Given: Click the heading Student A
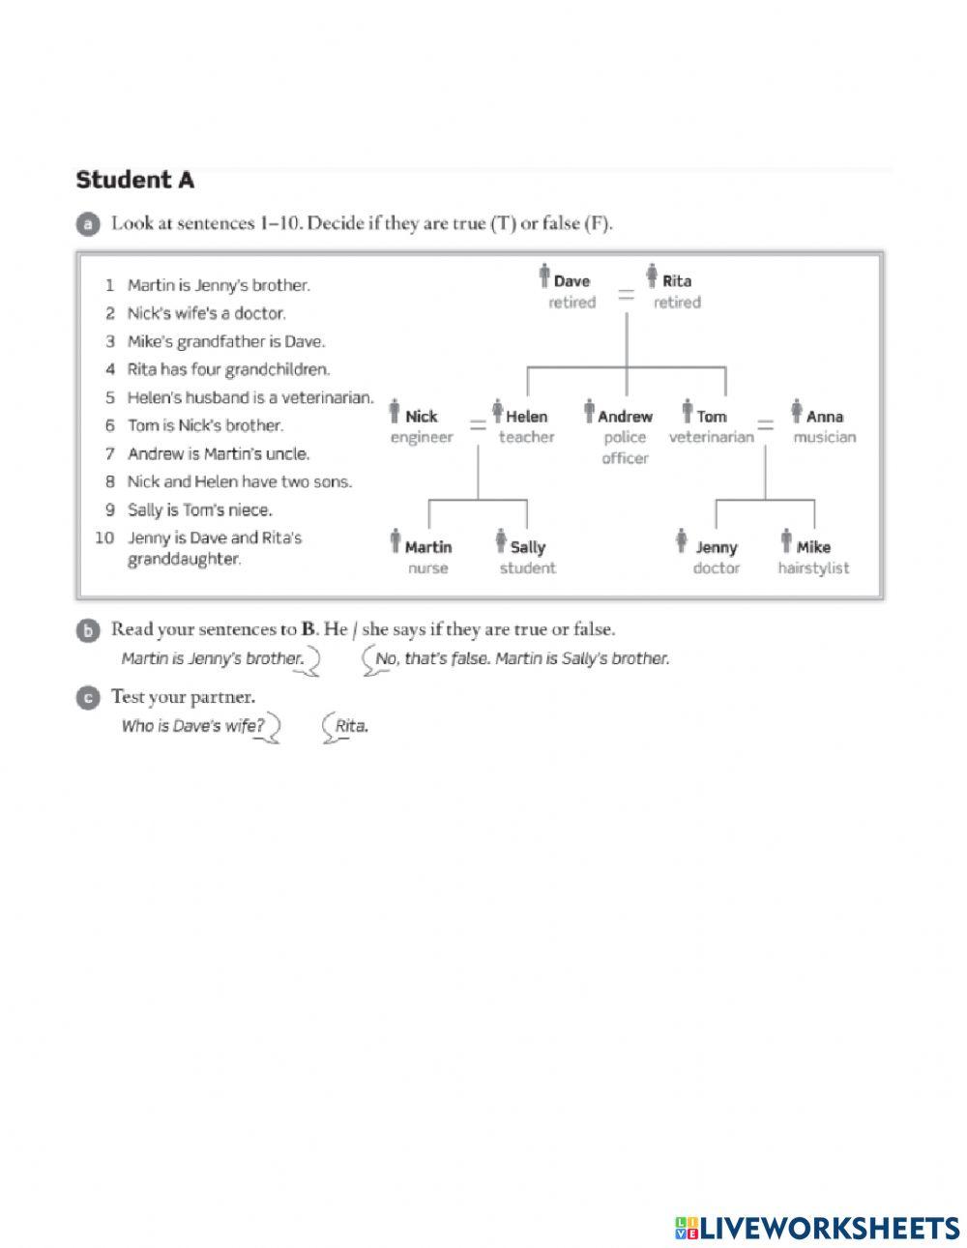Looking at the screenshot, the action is [135, 180].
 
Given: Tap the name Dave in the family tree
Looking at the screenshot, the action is [571, 281].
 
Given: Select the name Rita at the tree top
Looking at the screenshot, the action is [677, 281].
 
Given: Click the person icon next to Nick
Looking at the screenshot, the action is [395, 413].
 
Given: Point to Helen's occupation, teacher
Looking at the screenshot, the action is [526, 437].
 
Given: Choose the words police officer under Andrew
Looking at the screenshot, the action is [625, 448].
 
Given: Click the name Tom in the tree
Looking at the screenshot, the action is [711, 417].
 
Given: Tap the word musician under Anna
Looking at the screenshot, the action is [824, 437].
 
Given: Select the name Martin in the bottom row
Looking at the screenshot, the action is [427, 547].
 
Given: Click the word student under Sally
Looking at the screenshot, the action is [527, 567].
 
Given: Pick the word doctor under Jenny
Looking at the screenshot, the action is [716, 567].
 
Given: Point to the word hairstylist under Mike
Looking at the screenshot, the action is [813, 567].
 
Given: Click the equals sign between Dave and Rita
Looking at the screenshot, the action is [627, 292].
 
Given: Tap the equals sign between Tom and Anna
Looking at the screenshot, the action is [765, 425].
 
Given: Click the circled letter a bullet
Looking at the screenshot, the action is [87, 224].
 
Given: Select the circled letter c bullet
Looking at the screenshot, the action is [87, 697].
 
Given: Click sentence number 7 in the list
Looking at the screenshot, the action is [110, 453].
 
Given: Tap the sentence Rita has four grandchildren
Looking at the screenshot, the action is [228, 369].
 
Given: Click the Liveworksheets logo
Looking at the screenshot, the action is [817, 1228].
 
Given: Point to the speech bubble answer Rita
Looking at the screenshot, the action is [351, 726].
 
